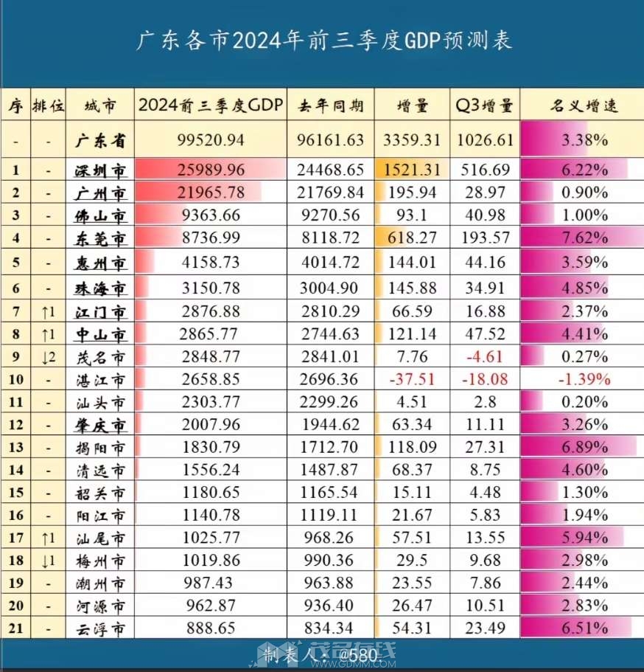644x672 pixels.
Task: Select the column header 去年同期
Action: point(330,106)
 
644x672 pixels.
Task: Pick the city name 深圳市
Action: point(100,170)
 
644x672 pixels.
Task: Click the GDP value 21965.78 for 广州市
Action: point(211,193)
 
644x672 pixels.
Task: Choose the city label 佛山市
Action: point(100,216)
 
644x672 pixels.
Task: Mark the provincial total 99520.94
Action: point(211,139)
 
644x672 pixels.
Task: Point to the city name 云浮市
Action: point(100,628)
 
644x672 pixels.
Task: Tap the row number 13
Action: point(16,447)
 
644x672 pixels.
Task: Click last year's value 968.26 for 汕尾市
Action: point(330,538)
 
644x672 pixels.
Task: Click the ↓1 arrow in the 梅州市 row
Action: point(49,561)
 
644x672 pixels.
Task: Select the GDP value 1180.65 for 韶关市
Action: point(211,493)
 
